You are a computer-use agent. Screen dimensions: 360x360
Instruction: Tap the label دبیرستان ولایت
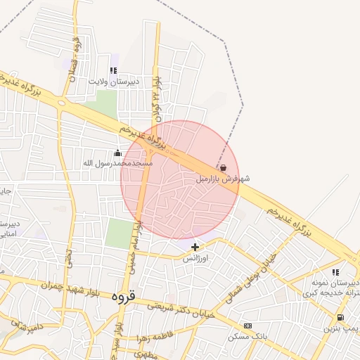(114, 82)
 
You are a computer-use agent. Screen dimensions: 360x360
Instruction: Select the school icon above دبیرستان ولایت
(113, 70)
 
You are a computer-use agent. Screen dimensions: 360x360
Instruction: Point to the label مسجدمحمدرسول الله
(118, 163)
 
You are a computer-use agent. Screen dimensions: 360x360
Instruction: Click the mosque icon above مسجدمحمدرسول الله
(117, 153)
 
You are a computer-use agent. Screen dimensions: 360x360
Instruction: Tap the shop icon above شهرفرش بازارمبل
(223, 169)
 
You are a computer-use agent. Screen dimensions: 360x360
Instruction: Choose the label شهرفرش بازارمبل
(222, 179)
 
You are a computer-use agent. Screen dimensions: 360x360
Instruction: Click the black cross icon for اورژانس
(195, 247)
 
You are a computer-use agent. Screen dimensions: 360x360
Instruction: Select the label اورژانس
(196, 258)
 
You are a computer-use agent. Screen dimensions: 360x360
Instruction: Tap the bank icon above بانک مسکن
(247, 326)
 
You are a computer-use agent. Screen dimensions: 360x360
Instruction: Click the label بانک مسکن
(247, 337)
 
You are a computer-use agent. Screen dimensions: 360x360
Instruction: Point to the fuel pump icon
(341, 318)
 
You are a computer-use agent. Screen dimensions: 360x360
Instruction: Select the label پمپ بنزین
(341, 328)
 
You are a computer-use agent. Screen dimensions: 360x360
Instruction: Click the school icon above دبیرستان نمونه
(335, 272)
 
